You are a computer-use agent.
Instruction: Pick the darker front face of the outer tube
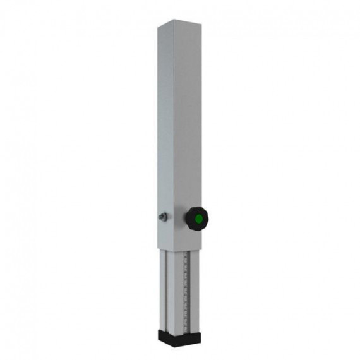(189, 126)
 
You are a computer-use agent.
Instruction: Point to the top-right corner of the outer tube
(203, 27)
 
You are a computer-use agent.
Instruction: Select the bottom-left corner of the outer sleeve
(159, 243)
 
